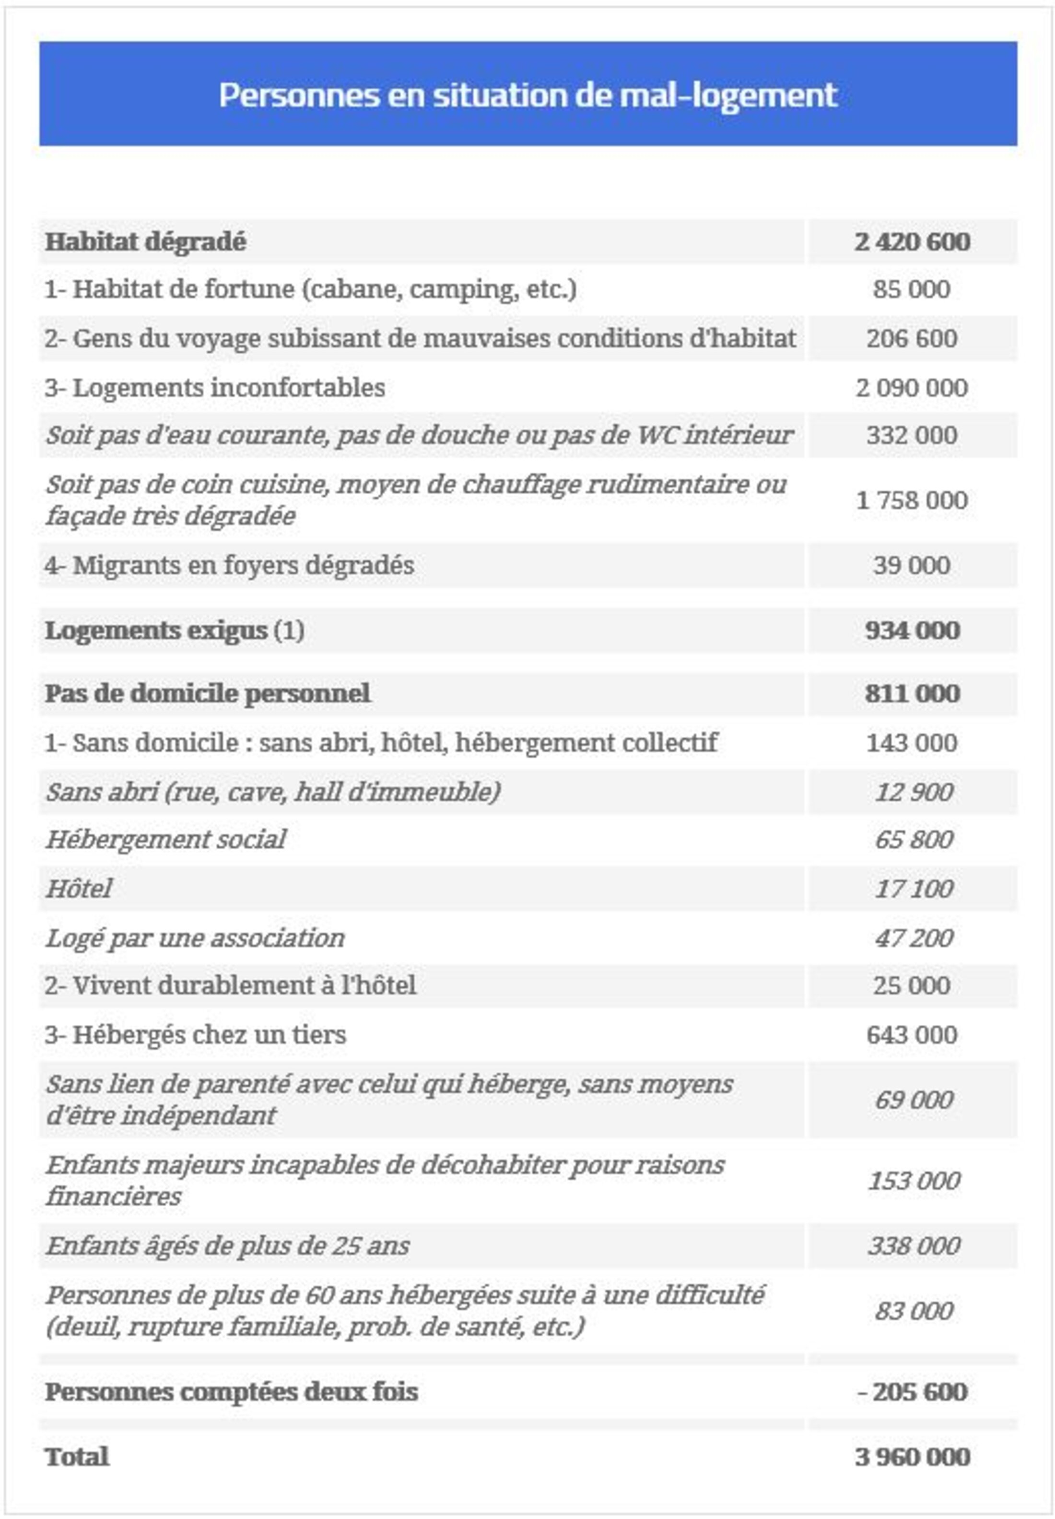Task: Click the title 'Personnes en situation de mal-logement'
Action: click(x=527, y=95)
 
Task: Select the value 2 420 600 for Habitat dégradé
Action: click(x=912, y=241)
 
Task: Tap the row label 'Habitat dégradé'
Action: click(x=145, y=241)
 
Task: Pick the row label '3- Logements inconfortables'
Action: click(x=215, y=388)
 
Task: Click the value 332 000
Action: click(x=912, y=435)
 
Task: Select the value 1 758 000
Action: click(x=912, y=500)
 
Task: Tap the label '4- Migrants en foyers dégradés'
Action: click(x=229, y=565)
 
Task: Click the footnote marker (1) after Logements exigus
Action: click(x=289, y=630)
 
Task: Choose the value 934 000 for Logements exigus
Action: click(x=912, y=630)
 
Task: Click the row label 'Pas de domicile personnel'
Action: click(x=208, y=694)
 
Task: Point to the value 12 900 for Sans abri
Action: click(x=914, y=792)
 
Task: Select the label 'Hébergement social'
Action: click(x=165, y=840)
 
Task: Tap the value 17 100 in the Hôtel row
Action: click(x=914, y=889)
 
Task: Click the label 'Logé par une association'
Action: click(x=195, y=938)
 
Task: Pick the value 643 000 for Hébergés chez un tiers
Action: click(x=912, y=1035)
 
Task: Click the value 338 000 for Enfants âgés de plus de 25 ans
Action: click(x=914, y=1246)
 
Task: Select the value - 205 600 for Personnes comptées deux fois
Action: click(x=912, y=1392)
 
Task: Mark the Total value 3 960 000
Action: click(x=912, y=1457)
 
